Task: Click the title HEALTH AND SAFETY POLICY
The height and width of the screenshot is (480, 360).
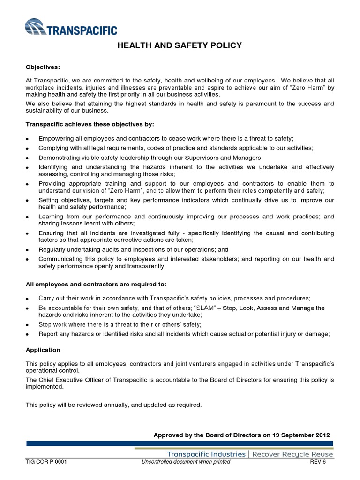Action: [179, 45]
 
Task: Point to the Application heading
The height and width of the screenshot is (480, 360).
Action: [43, 350]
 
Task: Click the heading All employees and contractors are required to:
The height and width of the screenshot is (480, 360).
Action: [96, 284]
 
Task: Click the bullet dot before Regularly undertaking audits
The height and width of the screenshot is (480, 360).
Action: [28, 250]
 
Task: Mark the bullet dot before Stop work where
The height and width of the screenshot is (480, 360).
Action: [28, 325]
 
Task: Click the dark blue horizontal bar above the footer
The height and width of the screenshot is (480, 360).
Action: [180, 443]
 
